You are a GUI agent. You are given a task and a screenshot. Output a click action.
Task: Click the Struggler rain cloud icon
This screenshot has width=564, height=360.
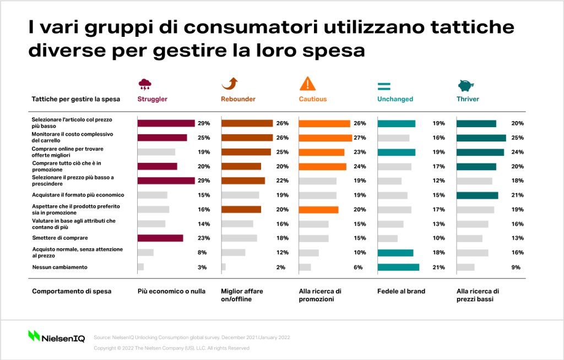tap(145, 85)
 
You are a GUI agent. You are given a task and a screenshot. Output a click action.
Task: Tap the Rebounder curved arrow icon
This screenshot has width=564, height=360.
tap(230, 84)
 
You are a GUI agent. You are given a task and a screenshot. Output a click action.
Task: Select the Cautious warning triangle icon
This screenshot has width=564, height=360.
tap(307, 84)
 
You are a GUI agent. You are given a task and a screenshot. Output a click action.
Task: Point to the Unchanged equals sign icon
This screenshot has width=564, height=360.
tap(384, 86)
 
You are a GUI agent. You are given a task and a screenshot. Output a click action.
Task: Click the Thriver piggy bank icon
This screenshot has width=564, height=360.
tap(466, 85)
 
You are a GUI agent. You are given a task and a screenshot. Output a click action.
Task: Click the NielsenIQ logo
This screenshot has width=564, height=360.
tap(57, 336)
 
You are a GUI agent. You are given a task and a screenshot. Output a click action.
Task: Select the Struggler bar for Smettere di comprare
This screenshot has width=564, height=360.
tap(160, 238)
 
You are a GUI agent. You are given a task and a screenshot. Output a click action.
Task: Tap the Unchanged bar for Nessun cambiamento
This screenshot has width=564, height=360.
tap(398, 267)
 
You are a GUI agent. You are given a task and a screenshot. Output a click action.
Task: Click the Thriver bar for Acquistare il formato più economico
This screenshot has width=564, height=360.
tap(478, 195)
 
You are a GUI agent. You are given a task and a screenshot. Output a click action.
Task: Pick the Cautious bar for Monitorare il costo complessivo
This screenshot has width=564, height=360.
tap(326, 138)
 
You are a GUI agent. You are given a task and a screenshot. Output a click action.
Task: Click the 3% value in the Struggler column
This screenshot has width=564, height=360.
tap(202, 267)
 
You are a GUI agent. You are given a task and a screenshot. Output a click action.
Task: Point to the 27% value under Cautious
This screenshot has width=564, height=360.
tap(360, 138)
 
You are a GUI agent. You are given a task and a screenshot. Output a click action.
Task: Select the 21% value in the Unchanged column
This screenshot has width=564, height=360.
tap(439, 267)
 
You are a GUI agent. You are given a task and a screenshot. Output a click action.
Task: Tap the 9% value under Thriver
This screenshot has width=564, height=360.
tap(516, 267)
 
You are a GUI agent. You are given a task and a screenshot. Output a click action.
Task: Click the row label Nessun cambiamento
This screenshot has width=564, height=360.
tap(59, 267)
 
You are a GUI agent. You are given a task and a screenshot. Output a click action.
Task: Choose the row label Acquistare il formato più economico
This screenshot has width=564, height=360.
tap(78, 195)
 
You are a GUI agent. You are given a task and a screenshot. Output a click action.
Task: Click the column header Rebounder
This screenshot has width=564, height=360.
tap(238, 99)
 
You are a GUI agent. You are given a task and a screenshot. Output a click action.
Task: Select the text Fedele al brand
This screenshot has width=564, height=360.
tap(401, 291)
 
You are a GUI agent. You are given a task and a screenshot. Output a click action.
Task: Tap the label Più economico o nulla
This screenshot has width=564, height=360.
tap(172, 291)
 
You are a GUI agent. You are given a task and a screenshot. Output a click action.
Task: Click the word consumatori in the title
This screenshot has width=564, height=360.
tap(251, 28)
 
